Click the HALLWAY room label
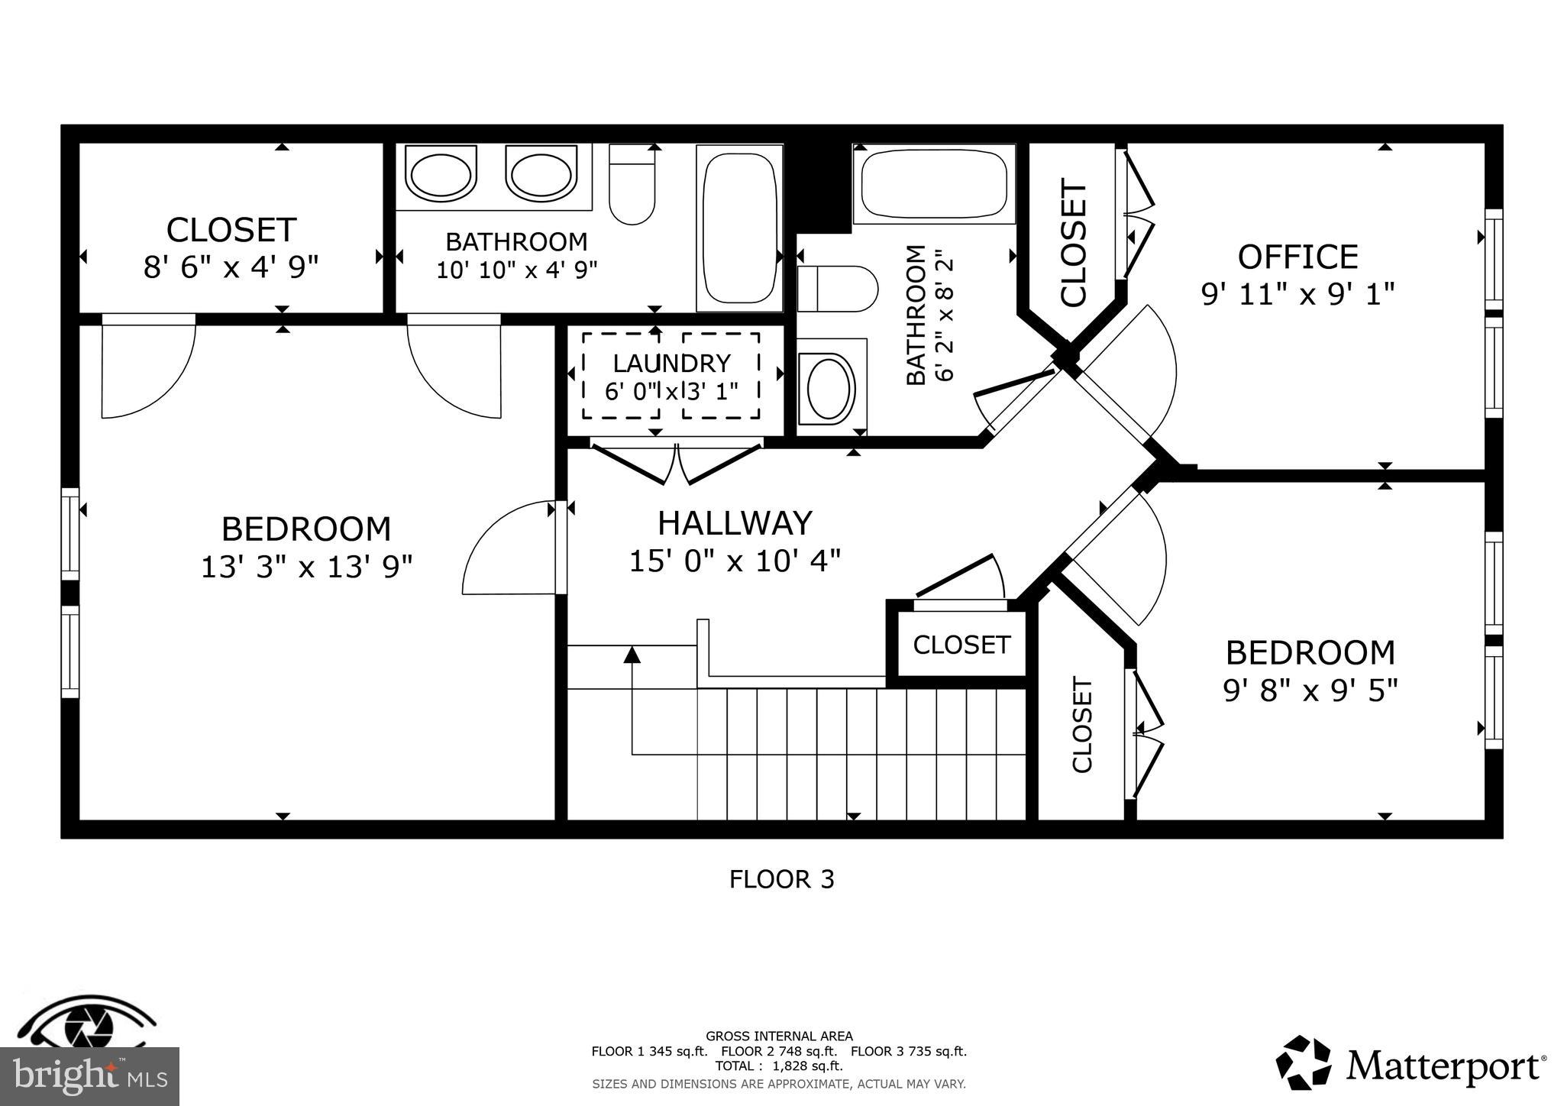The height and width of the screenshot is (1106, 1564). click(735, 524)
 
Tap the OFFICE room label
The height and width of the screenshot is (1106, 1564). click(1297, 257)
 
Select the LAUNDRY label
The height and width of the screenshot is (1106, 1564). click(671, 364)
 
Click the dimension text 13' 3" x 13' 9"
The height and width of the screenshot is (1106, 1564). click(306, 568)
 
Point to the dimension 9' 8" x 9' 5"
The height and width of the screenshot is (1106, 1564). click(1310, 691)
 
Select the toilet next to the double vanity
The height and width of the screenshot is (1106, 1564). click(632, 187)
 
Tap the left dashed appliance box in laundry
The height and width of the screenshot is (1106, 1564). click(620, 376)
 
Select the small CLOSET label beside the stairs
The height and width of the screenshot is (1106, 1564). click(961, 645)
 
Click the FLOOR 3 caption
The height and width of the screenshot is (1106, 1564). click(781, 880)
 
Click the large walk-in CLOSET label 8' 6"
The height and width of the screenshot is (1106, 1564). click(231, 230)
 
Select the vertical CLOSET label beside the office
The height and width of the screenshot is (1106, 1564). click(1073, 243)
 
